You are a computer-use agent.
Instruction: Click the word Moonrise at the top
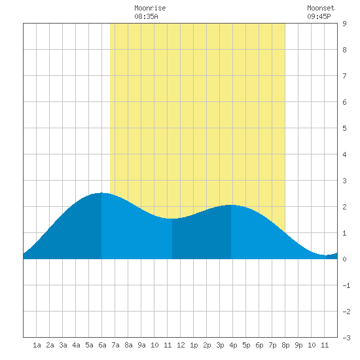click(150, 8)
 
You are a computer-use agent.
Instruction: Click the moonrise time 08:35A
click(146, 16)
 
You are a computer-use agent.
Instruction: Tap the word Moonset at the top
click(321, 8)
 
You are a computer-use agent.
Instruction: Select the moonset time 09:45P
click(319, 16)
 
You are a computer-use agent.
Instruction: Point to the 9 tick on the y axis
click(344, 24)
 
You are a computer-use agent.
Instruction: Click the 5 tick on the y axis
click(344, 128)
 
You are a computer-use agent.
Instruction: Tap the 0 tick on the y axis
click(344, 259)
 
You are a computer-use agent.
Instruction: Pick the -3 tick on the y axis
click(346, 338)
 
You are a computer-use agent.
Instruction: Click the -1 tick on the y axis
click(346, 285)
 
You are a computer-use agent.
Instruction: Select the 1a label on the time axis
click(37, 345)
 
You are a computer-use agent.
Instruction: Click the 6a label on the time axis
click(102, 345)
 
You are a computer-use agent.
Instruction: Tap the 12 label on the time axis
click(181, 345)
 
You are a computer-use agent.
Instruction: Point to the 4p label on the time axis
click(233, 345)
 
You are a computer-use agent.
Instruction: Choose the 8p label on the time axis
click(285, 345)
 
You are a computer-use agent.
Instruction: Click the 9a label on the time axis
click(141, 345)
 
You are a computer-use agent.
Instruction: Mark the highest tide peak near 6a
click(101, 193)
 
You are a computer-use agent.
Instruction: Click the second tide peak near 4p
click(231, 205)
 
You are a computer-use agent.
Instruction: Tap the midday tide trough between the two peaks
click(172, 219)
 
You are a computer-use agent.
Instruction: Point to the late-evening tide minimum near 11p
click(326, 255)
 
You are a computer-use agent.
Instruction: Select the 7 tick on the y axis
click(344, 76)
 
